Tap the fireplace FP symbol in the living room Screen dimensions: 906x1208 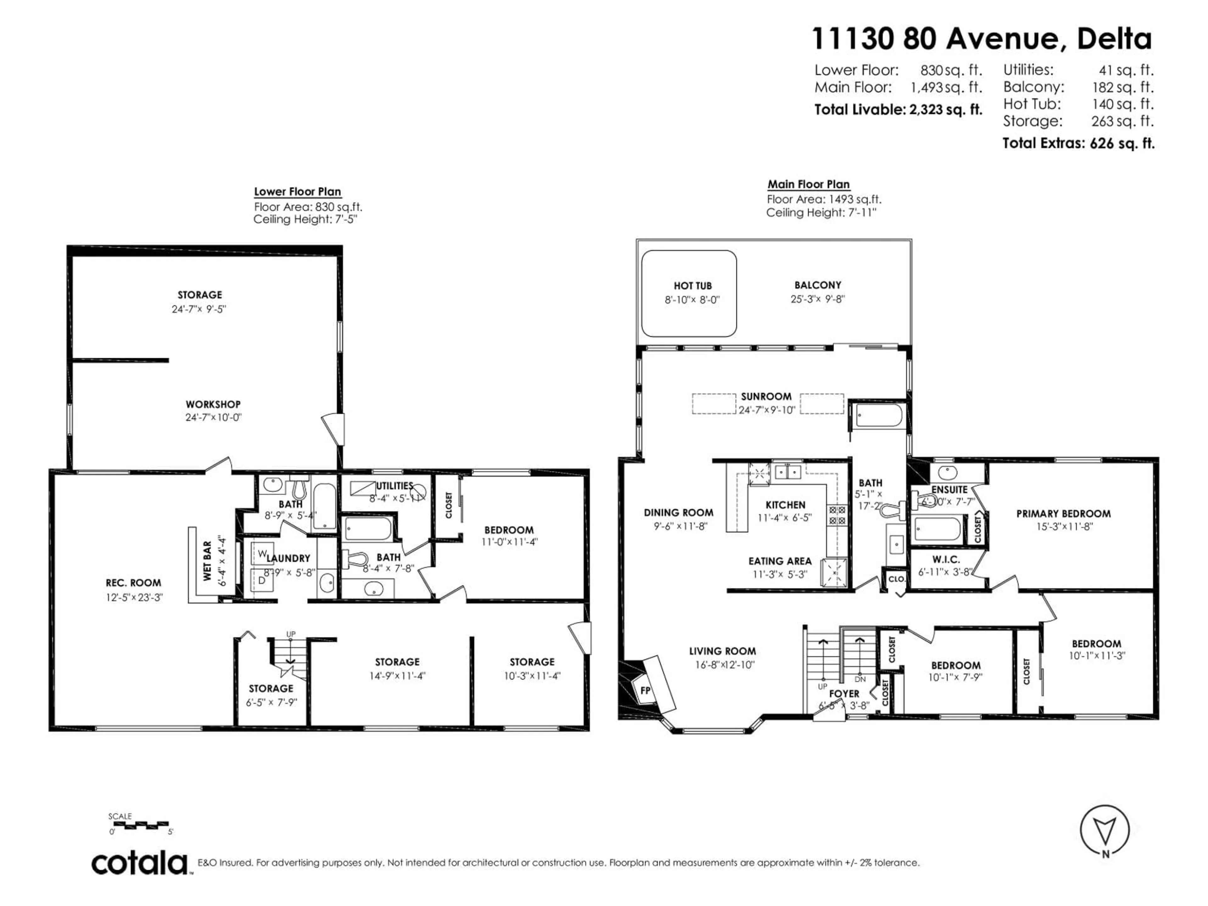[645, 690]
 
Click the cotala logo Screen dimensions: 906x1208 [140, 864]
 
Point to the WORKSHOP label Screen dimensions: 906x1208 [213, 405]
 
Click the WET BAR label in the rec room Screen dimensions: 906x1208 [207, 561]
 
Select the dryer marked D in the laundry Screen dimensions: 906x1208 [262, 580]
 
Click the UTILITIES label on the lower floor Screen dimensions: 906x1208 [394, 485]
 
